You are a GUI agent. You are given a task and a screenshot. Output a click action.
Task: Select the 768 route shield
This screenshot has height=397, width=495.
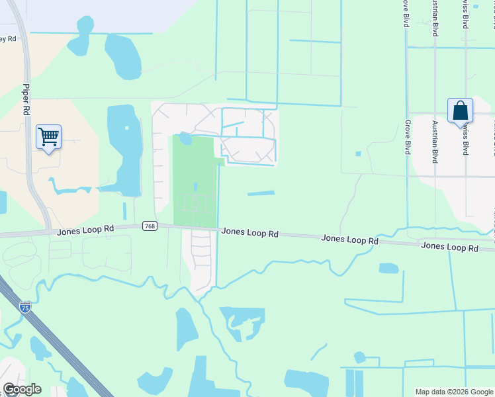[150, 226]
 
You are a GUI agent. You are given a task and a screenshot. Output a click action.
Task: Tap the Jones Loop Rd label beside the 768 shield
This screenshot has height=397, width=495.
[85, 230]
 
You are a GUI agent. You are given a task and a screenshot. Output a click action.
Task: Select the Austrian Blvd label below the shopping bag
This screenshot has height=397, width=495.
[435, 142]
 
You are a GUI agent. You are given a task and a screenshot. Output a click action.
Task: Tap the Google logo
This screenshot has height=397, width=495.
[22, 389]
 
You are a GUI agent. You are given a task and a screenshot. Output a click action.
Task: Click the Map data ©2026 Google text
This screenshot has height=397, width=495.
[454, 392]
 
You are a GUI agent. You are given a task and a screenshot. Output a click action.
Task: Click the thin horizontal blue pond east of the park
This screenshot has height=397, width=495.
[261, 193]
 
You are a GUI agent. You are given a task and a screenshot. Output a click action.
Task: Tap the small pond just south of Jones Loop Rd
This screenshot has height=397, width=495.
[388, 268]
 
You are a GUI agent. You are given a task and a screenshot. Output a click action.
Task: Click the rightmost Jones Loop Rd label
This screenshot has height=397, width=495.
[449, 247]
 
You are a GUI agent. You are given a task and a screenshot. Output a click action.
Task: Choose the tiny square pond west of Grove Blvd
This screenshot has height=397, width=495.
[358, 154]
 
